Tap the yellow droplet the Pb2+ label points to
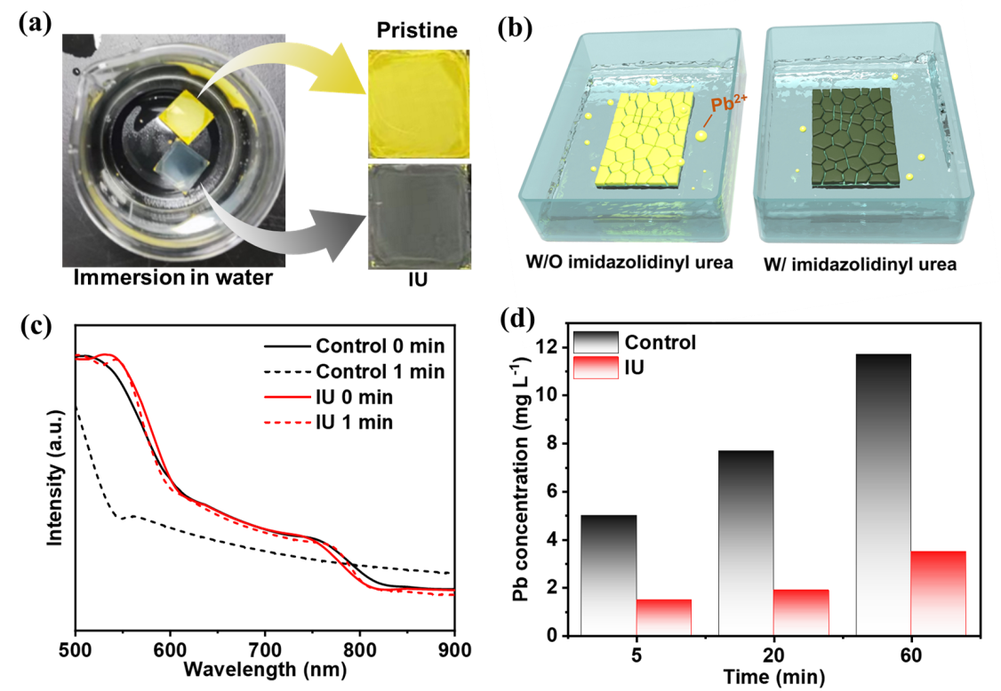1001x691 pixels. [701, 136]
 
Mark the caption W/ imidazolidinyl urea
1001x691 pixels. [860, 264]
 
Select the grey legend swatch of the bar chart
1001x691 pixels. [596, 343]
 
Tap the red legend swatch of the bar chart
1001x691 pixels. [596, 368]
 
